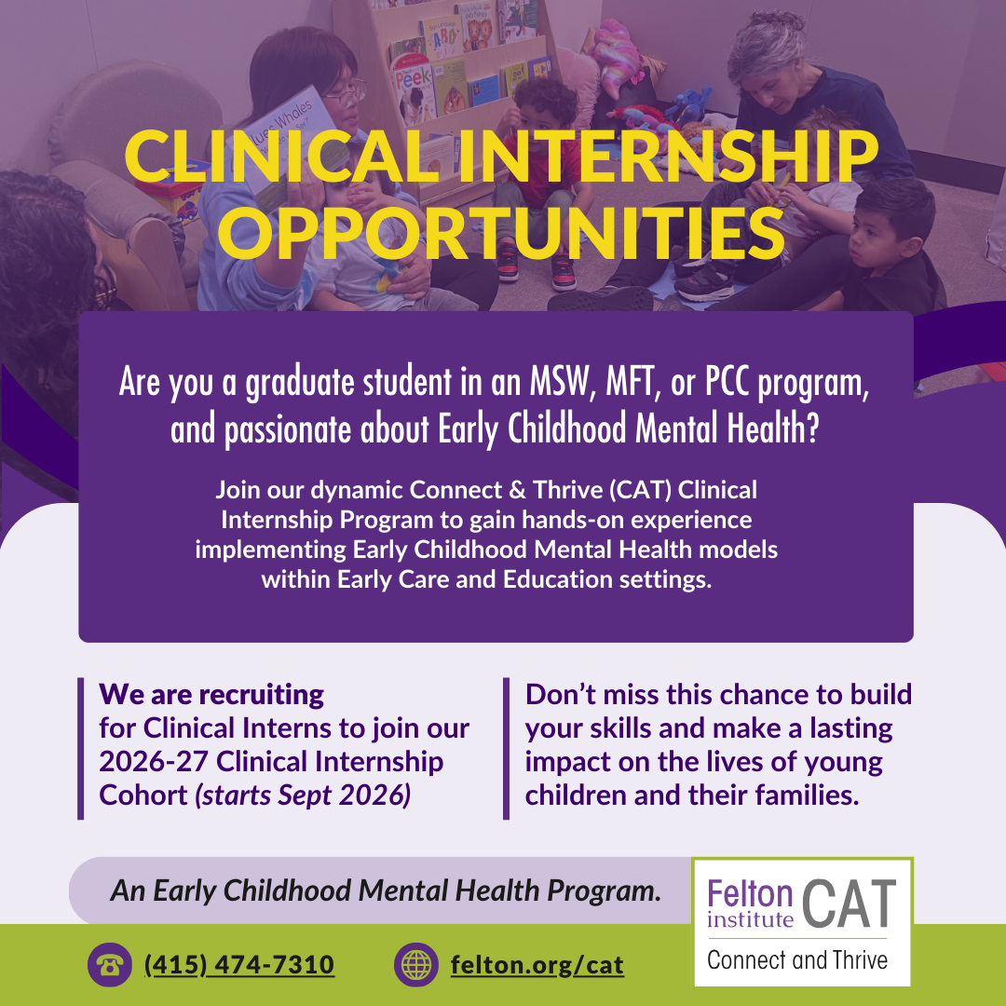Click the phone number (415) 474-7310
point(239,964)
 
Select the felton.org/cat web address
point(537,964)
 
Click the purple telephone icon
point(110,964)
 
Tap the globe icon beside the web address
point(416,964)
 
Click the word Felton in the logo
point(750,894)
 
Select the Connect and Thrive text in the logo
point(797,959)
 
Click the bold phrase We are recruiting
point(211,694)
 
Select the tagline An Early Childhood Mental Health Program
point(386,890)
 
